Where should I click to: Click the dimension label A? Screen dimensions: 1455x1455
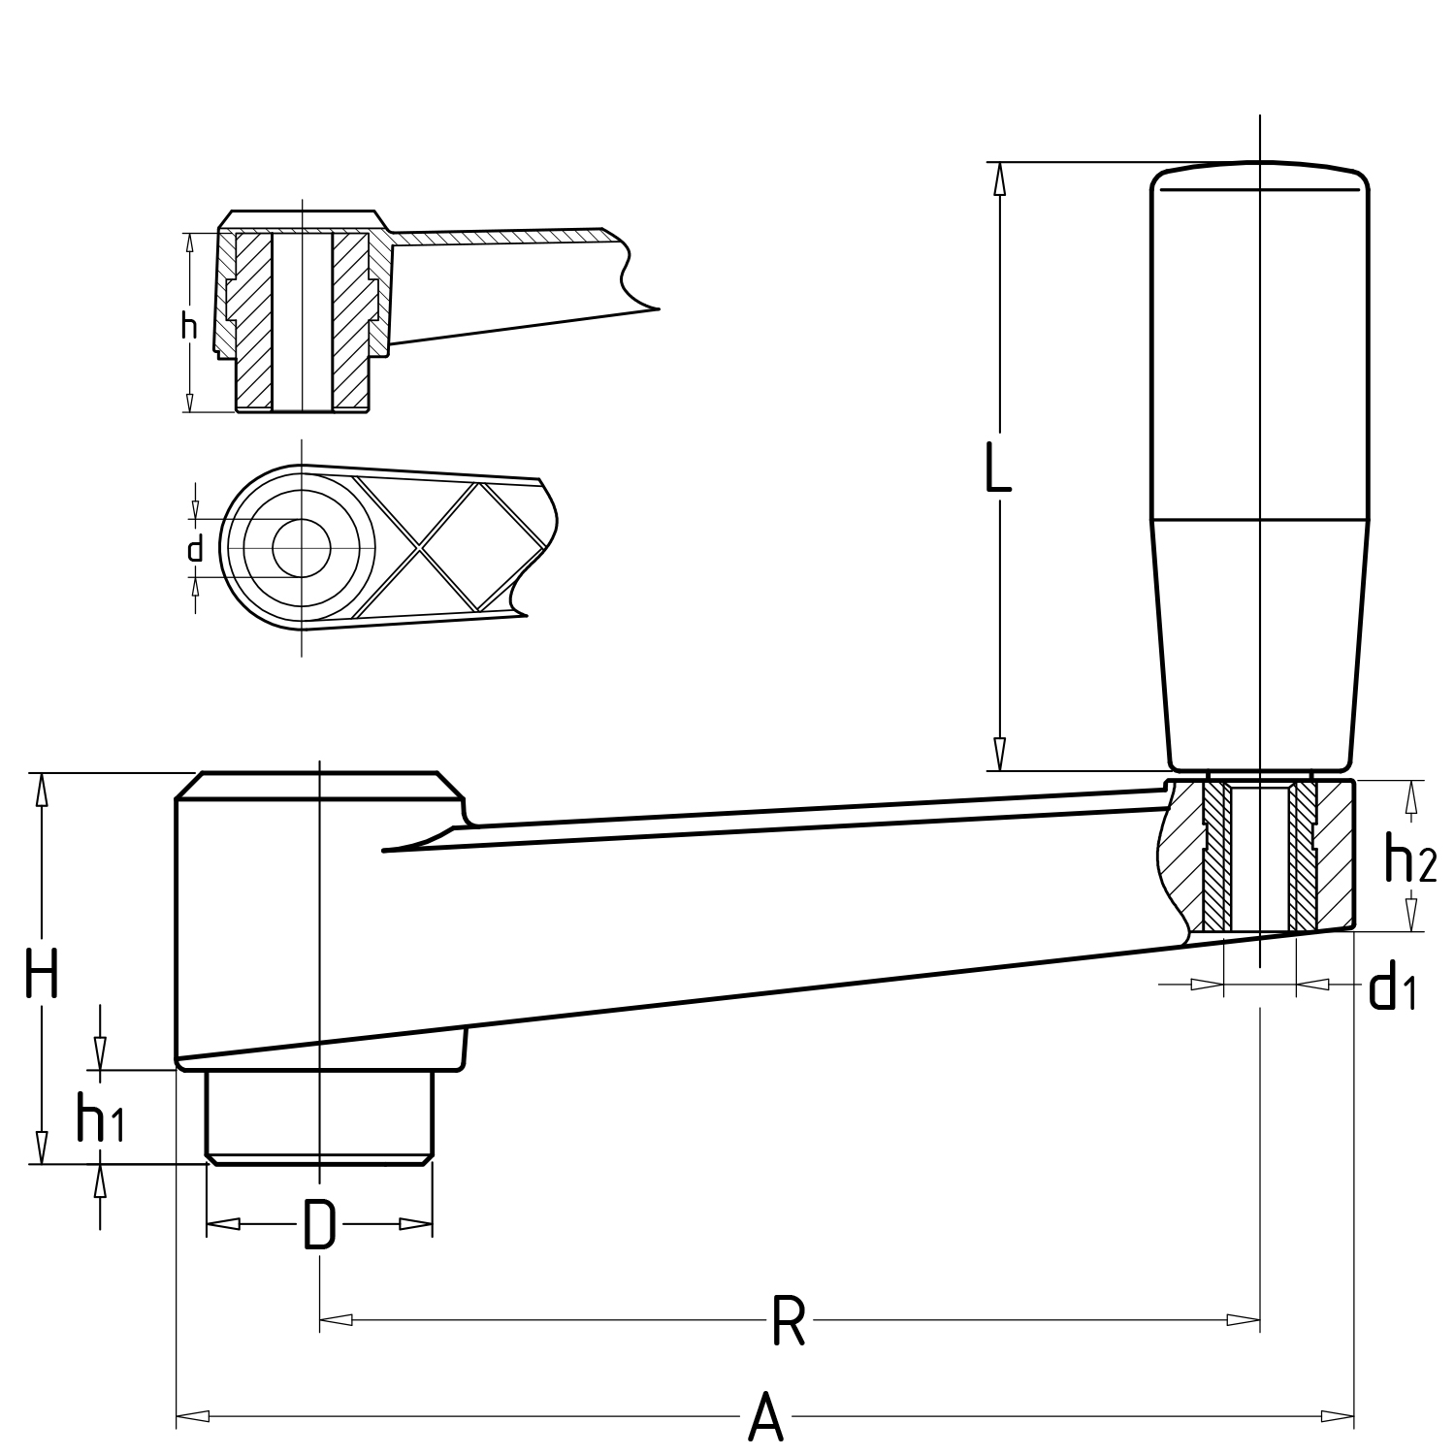(765, 1416)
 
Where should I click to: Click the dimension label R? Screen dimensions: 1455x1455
(789, 1320)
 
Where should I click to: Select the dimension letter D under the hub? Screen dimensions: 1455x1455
(319, 1224)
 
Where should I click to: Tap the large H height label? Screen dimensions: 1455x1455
(42, 974)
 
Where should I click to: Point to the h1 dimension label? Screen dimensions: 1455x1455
(100, 1117)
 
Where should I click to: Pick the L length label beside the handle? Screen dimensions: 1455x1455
(998, 469)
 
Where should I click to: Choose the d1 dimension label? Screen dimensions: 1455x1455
(1392, 987)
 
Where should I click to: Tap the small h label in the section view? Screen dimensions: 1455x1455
(189, 326)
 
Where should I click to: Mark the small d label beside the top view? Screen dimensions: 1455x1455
(195, 549)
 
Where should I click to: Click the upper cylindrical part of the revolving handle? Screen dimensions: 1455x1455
(1259, 349)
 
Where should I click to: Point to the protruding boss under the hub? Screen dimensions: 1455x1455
(319, 1115)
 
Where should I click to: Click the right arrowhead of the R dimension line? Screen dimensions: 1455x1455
(1244, 1320)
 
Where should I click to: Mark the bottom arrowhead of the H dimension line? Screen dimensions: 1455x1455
(41, 1148)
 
